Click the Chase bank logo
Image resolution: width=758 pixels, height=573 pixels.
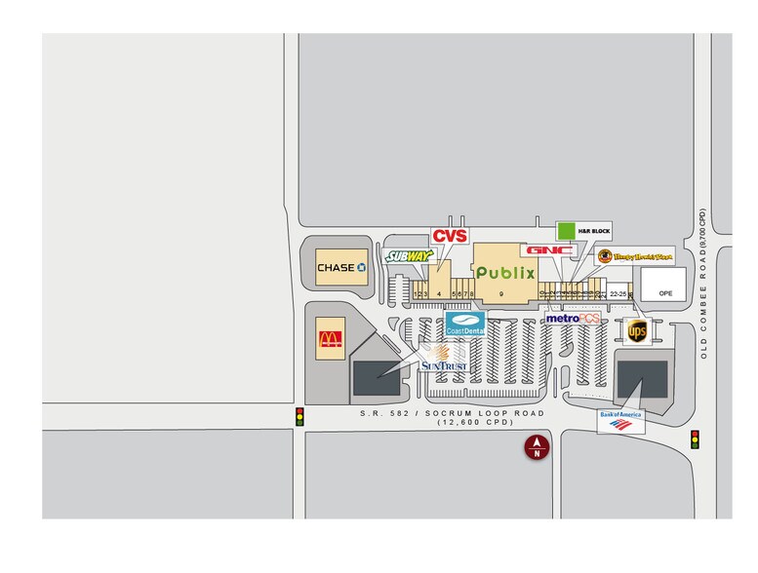point(340,267)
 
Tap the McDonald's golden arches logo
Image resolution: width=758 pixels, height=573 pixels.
point(331,340)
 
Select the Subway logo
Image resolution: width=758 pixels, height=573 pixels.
point(408,256)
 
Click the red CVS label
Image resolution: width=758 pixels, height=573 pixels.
point(450,236)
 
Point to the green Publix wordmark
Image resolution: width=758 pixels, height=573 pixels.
point(505,272)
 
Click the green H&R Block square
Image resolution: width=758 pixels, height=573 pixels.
point(566,231)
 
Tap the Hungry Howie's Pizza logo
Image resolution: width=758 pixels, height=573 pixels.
point(636,256)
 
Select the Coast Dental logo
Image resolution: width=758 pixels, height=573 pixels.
point(465,325)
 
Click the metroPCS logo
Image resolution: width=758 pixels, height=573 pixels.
point(572,319)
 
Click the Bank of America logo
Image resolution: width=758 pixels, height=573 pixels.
point(621,421)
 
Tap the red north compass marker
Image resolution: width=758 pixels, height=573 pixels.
point(536,448)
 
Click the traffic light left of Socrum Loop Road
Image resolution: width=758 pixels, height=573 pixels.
point(299,417)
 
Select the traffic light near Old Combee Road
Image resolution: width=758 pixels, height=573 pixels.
point(695,439)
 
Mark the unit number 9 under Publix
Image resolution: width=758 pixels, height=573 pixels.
point(500,293)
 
